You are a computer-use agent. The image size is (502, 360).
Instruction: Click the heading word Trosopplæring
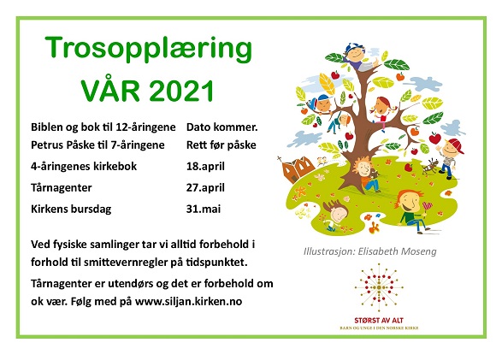(x=149, y=50)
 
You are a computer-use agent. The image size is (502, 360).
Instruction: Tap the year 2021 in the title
(x=181, y=91)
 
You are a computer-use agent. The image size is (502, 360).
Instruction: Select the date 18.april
(x=205, y=167)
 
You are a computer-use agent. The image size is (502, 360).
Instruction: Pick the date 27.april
(x=205, y=187)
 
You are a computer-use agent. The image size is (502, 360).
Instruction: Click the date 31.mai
(x=204, y=209)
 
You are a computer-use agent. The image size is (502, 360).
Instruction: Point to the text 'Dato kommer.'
(x=221, y=127)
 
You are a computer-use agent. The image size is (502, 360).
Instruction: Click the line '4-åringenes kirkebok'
(x=84, y=167)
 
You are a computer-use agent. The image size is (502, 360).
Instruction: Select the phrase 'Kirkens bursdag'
(x=71, y=209)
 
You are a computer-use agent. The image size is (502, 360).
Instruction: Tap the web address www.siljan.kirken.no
(x=188, y=302)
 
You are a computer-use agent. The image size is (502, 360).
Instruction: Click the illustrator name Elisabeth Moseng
(x=397, y=251)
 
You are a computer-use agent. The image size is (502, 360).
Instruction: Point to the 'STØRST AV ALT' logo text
(x=379, y=320)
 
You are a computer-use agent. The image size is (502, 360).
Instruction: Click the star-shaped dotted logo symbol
(x=379, y=287)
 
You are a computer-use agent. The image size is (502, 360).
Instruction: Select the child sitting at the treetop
(x=360, y=56)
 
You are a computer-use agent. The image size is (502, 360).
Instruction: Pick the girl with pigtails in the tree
(x=382, y=112)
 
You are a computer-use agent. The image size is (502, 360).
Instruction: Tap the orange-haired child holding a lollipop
(x=412, y=210)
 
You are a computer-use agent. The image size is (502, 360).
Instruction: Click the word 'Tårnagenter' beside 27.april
(x=62, y=187)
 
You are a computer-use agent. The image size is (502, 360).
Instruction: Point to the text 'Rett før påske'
(x=221, y=145)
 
